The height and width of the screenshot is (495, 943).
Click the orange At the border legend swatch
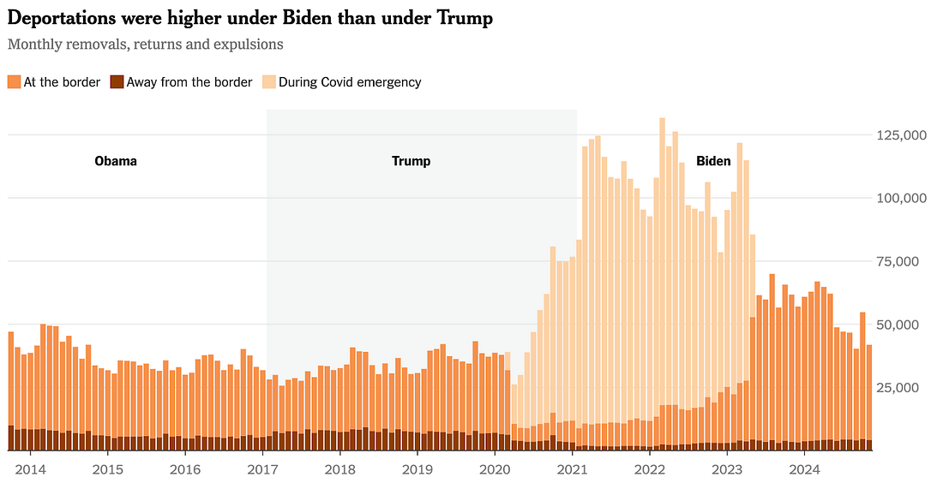14,82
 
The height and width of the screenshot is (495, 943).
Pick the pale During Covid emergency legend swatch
268,82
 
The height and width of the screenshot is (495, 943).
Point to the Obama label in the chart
116,161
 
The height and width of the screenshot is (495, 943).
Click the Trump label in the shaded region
411,161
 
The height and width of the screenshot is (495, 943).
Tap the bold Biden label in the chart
713,161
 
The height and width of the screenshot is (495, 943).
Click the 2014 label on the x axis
30,469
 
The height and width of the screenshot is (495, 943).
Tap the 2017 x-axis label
263,469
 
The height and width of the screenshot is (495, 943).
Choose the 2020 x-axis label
496,469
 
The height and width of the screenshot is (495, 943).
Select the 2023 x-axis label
728,469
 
